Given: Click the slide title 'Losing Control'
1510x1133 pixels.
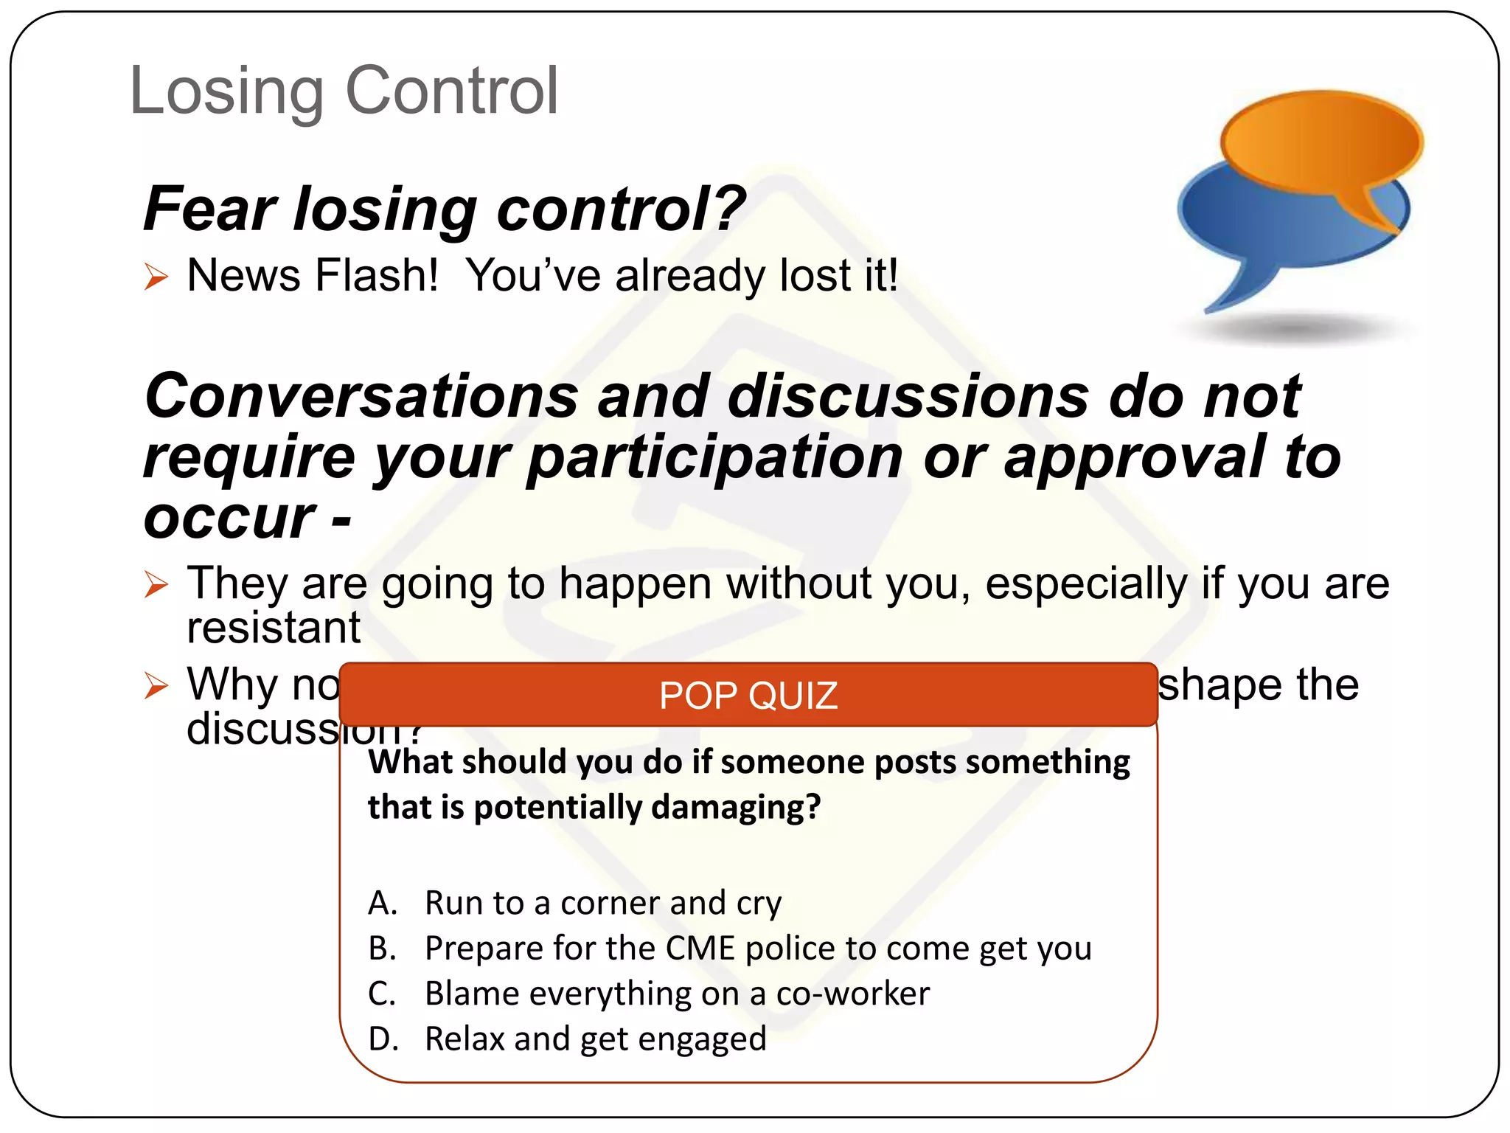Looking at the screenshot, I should [344, 91].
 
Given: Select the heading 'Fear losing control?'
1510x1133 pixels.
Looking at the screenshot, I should [444, 209].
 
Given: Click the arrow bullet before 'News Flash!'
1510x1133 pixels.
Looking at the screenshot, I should [156, 277].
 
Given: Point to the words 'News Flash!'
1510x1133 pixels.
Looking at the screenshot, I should [313, 276].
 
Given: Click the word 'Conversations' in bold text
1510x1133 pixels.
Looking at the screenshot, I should [361, 396].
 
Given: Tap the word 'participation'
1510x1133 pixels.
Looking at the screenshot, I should [714, 457].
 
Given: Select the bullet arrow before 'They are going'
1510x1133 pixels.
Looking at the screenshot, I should [156, 585].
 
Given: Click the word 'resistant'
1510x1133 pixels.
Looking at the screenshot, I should [274, 628].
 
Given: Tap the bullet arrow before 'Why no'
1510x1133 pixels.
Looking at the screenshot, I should [156, 685].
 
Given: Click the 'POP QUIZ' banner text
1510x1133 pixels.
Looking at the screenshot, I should [748, 696].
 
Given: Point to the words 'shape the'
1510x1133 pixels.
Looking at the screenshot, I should [1258, 685].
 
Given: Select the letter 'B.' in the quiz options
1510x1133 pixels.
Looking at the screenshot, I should [383, 949].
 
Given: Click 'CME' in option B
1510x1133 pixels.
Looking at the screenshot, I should [700, 949].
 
